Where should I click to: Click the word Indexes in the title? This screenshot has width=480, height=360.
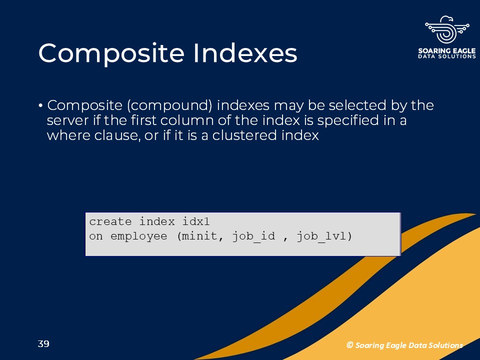(x=245, y=52)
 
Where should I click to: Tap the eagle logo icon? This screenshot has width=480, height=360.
(x=447, y=29)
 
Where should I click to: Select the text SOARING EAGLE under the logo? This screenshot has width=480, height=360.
(x=447, y=50)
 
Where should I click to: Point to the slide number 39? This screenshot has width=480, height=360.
(x=43, y=344)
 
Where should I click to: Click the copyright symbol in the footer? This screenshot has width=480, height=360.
(x=350, y=345)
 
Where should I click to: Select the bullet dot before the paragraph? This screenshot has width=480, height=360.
(x=40, y=106)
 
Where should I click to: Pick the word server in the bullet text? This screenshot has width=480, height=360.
(x=67, y=120)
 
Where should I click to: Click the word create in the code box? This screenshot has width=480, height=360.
(x=110, y=221)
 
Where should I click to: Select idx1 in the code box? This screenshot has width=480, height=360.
(x=196, y=221)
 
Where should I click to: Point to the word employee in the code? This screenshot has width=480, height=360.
(x=139, y=236)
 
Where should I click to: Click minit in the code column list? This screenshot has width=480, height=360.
(x=199, y=236)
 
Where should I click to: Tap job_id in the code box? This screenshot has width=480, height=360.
(x=254, y=237)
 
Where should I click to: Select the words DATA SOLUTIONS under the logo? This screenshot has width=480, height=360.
(x=447, y=56)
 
